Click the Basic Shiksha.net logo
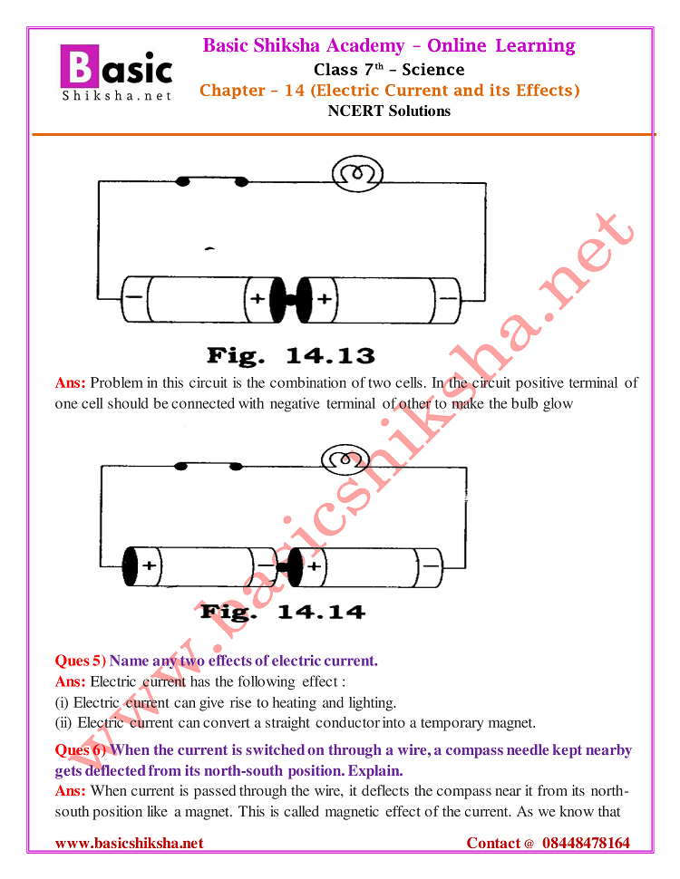tap(116, 72)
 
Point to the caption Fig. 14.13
tap(290, 355)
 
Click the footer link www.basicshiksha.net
tap(129, 844)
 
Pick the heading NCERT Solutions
tap(389, 111)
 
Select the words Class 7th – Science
tap(389, 70)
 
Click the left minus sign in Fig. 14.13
tap(134, 298)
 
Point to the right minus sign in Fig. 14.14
tap(430, 566)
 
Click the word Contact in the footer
tap(494, 844)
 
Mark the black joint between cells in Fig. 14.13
tap(290, 298)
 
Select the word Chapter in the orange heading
tap(229, 91)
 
